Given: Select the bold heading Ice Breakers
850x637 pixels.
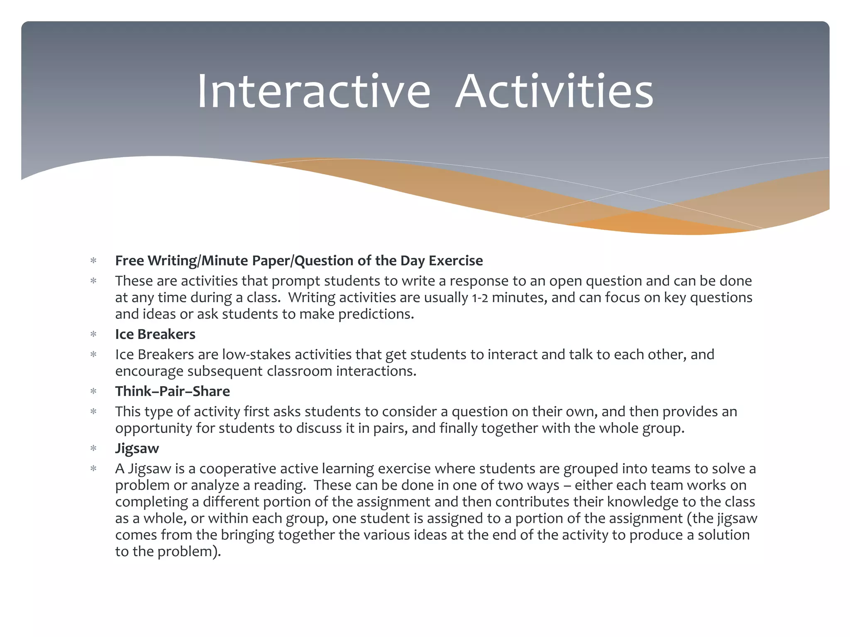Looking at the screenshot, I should pyautogui.click(x=155, y=334).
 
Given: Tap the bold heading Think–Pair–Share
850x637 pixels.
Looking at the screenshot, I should pyautogui.click(x=172, y=391).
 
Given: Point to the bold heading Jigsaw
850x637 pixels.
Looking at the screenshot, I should pyautogui.click(x=137, y=448).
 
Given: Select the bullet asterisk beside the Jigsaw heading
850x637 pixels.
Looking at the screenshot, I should pyautogui.click(x=93, y=448).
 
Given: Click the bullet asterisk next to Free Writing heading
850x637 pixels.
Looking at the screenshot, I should pyautogui.click(x=93, y=261).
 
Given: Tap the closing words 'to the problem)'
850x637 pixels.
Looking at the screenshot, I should pyautogui.click(x=168, y=552).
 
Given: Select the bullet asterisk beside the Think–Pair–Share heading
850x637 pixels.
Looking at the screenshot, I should pyautogui.click(x=93, y=391).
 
